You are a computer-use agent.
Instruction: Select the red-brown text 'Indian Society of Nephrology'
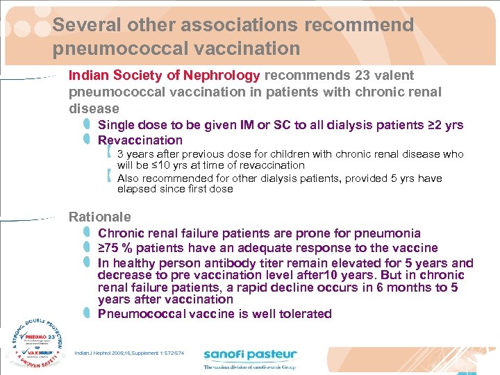pyautogui.click(x=164, y=76)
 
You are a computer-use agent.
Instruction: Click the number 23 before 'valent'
pyautogui.click(x=361, y=76)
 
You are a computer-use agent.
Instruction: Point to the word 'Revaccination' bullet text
pyautogui.click(x=140, y=140)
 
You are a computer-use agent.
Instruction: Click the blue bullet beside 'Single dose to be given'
pyautogui.click(x=86, y=125)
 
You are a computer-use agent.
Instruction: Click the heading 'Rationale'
pyautogui.click(x=99, y=217)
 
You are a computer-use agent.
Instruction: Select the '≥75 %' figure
pyautogui.click(x=119, y=248)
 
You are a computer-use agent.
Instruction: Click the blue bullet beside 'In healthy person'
pyautogui.click(x=86, y=262)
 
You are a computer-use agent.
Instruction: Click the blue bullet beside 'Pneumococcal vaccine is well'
pyautogui.click(x=86, y=313)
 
